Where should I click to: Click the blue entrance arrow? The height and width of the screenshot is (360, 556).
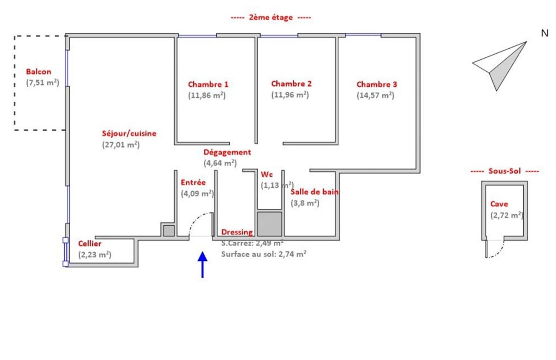pyautogui.click(x=202, y=265)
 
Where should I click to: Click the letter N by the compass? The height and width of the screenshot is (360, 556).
pyautogui.click(x=545, y=33)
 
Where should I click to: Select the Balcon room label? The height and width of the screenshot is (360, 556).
pyautogui.click(x=39, y=72)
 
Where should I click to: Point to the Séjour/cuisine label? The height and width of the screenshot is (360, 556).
pyautogui.click(x=129, y=133)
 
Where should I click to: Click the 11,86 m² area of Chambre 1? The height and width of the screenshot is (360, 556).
pyautogui.click(x=207, y=95)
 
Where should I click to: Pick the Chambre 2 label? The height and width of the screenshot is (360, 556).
pyautogui.click(x=291, y=84)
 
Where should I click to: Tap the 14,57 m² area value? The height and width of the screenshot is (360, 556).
pyautogui.click(x=376, y=95)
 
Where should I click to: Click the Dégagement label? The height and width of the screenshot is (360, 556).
pyautogui.click(x=227, y=152)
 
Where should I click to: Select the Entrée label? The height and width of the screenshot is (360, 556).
pyautogui.click(x=193, y=183)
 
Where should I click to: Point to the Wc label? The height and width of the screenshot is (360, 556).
pyautogui.click(x=266, y=175)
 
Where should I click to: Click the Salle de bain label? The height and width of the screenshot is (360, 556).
pyautogui.click(x=315, y=192)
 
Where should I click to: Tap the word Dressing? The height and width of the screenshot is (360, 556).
pyautogui.click(x=237, y=232)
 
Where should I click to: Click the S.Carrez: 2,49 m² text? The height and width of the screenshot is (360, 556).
pyautogui.click(x=253, y=243)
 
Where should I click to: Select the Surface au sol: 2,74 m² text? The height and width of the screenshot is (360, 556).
pyautogui.click(x=264, y=254)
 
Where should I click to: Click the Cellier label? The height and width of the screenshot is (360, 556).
pyautogui.click(x=89, y=244)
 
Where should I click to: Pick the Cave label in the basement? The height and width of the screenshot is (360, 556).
pyautogui.click(x=499, y=204)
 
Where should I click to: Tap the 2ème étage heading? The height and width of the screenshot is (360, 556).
pyautogui.click(x=271, y=18)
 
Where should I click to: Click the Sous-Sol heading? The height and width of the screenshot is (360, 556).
pyautogui.click(x=505, y=171)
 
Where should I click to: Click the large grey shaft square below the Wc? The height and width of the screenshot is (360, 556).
pyautogui.click(x=270, y=224)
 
